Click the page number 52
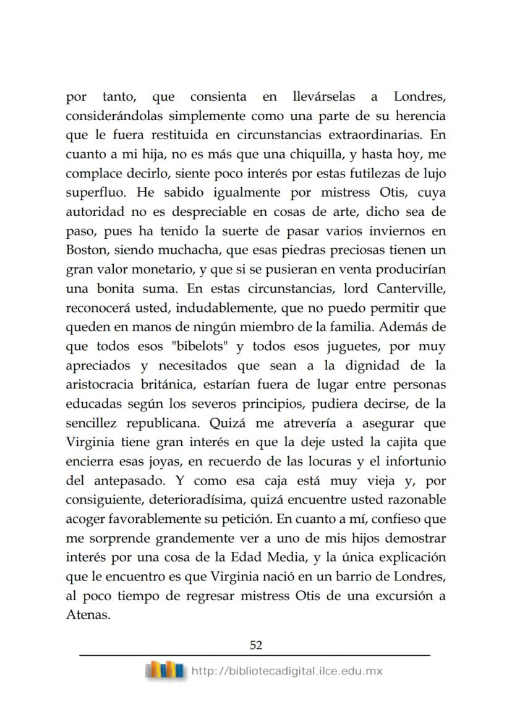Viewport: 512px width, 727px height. pyautogui.click(x=255, y=645)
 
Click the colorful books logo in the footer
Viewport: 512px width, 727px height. pyautogui.click(x=165, y=669)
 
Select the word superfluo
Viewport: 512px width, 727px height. pyautogui.click(x=92, y=192)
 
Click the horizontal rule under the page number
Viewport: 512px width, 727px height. pyautogui.click(x=255, y=656)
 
